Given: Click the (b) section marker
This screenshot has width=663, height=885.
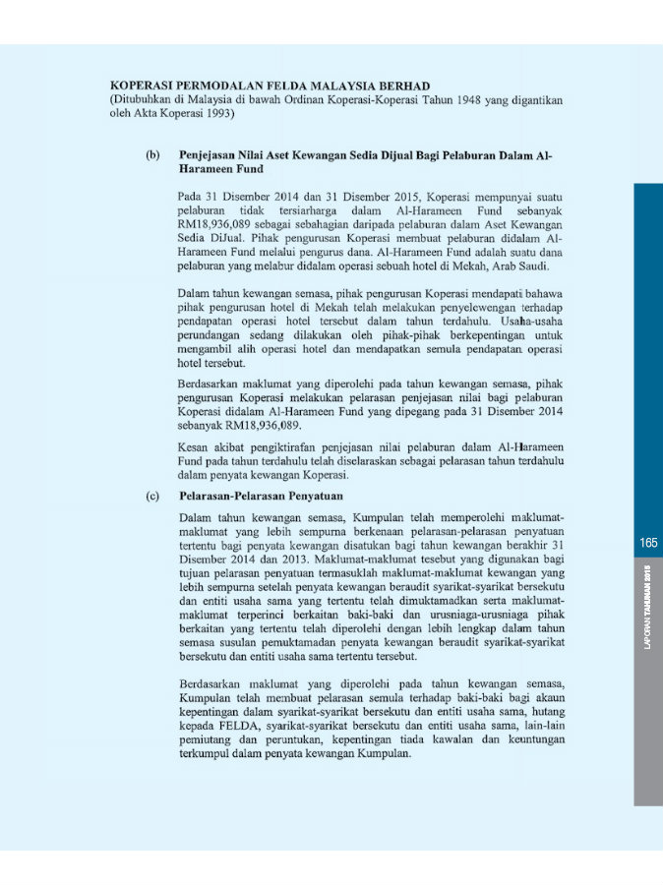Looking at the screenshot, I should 152,155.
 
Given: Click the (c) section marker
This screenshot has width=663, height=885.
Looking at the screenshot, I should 152,497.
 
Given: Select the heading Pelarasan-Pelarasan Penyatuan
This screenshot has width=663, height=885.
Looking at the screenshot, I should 261,497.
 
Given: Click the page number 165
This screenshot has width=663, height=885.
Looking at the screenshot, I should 647,543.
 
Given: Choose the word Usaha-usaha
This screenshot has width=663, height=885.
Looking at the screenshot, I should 532,321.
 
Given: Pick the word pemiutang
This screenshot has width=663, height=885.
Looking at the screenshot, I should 206,739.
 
